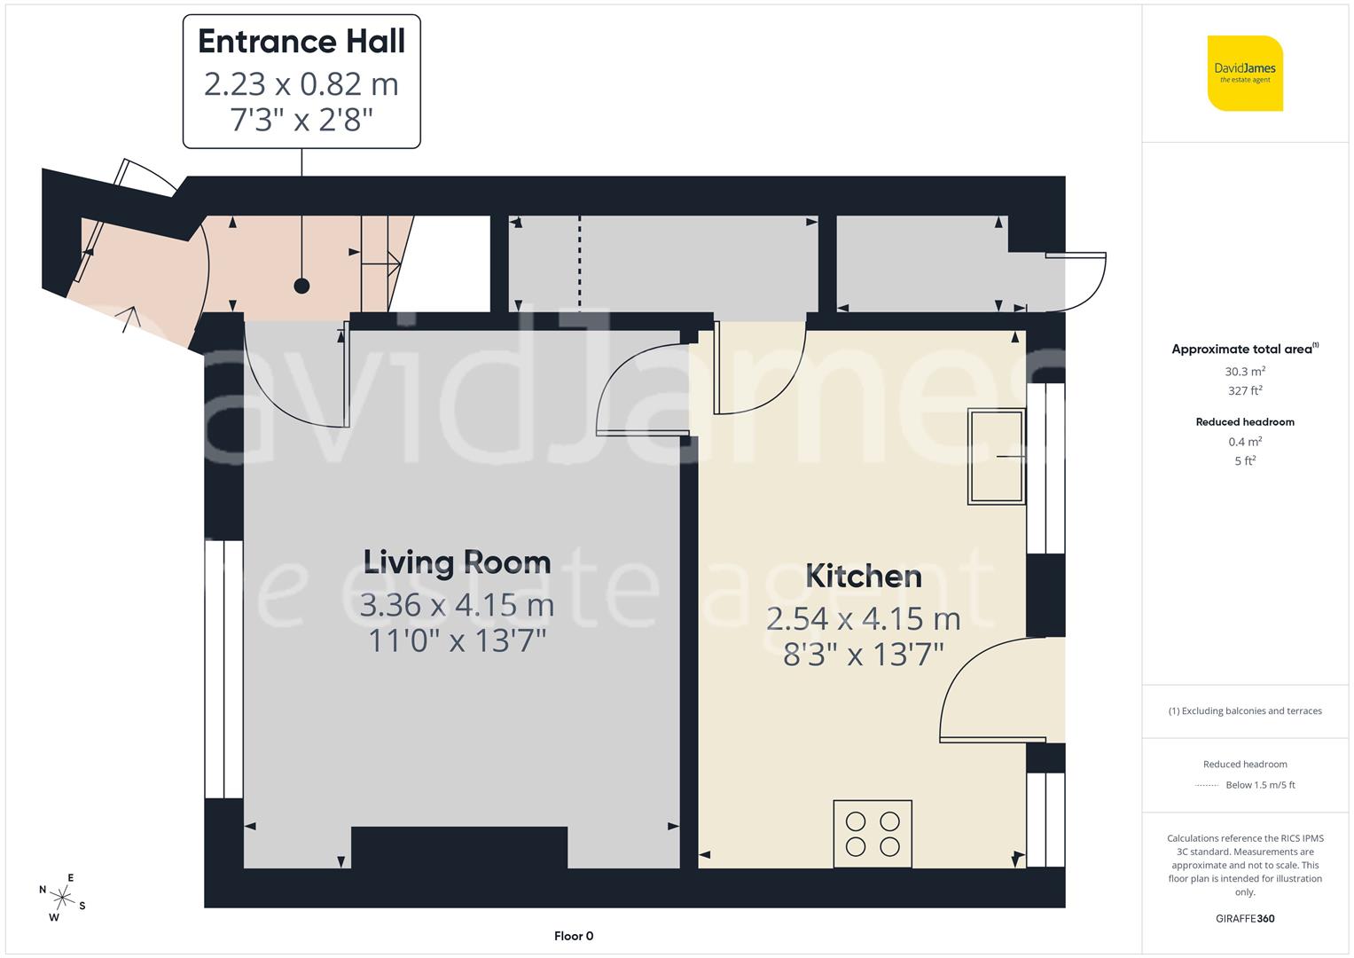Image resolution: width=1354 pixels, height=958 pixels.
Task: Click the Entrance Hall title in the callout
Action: (x=301, y=42)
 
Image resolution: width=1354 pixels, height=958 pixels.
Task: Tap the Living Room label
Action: (x=457, y=562)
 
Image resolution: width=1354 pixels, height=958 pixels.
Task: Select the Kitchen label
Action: (x=863, y=577)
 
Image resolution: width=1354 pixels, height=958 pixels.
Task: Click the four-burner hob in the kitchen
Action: (x=873, y=834)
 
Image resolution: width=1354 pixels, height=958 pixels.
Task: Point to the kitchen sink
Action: (x=996, y=456)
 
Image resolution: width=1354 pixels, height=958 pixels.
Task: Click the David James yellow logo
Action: (x=1245, y=73)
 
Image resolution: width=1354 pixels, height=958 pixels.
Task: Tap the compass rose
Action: (x=63, y=898)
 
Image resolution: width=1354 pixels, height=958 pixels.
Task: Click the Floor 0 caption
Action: (x=574, y=936)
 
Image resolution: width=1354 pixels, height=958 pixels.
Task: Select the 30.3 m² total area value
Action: (x=1245, y=372)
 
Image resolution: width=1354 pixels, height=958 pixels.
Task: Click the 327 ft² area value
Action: (x=1245, y=390)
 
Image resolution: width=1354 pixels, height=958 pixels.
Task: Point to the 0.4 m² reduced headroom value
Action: (x=1245, y=442)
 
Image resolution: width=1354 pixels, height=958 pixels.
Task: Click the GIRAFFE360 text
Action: (x=1245, y=919)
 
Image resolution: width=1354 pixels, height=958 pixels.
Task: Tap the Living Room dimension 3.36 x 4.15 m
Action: (x=457, y=605)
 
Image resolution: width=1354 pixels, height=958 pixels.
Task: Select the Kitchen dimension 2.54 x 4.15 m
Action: (x=863, y=618)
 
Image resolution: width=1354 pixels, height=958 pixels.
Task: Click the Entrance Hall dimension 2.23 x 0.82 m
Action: (x=301, y=84)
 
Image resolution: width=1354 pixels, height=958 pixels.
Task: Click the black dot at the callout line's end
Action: (x=301, y=286)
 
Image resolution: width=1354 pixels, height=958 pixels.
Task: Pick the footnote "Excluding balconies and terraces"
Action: (x=1245, y=711)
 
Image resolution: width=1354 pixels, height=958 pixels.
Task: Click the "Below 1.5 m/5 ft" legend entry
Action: (x=1260, y=785)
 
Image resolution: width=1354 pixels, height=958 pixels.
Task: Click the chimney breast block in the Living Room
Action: (x=459, y=847)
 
